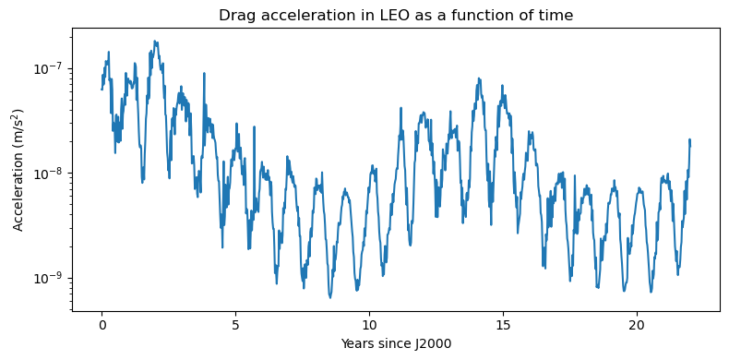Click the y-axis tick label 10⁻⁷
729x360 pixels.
51,68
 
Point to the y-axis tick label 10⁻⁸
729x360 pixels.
51,174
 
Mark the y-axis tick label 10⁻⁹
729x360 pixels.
51,278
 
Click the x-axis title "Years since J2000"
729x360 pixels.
397,344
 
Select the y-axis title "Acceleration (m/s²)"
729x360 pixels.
18,170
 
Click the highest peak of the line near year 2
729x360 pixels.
155,41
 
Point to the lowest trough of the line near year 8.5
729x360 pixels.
329,297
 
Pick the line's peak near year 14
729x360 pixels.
478,78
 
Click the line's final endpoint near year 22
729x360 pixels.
690,146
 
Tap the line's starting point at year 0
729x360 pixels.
102,89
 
